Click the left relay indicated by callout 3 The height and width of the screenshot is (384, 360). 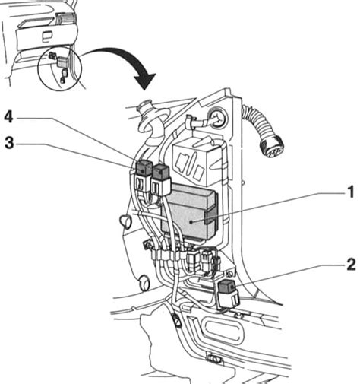pyautogui.click(x=143, y=173)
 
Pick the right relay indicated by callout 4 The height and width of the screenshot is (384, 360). pyautogui.click(x=162, y=176)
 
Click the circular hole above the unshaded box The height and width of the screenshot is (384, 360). pyautogui.click(x=214, y=119)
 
